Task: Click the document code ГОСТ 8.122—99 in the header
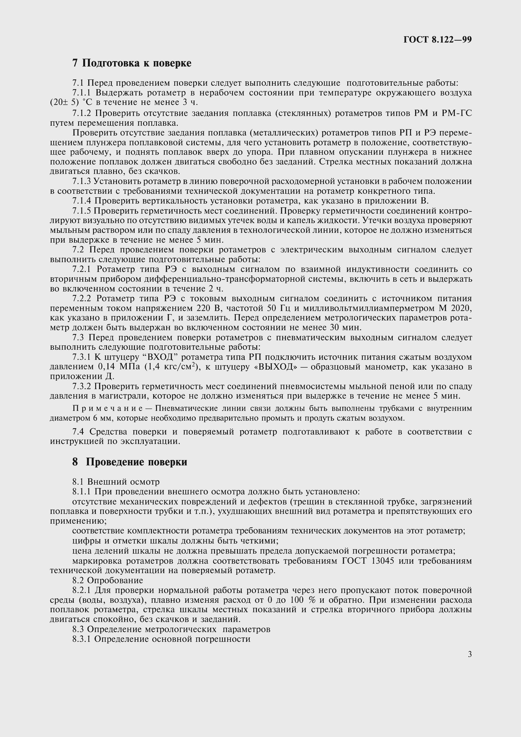pyautogui.click(x=437, y=40)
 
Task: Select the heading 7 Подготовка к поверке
pyautogui.click(x=132, y=63)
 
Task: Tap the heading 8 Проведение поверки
pyautogui.click(x=130, y=462)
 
